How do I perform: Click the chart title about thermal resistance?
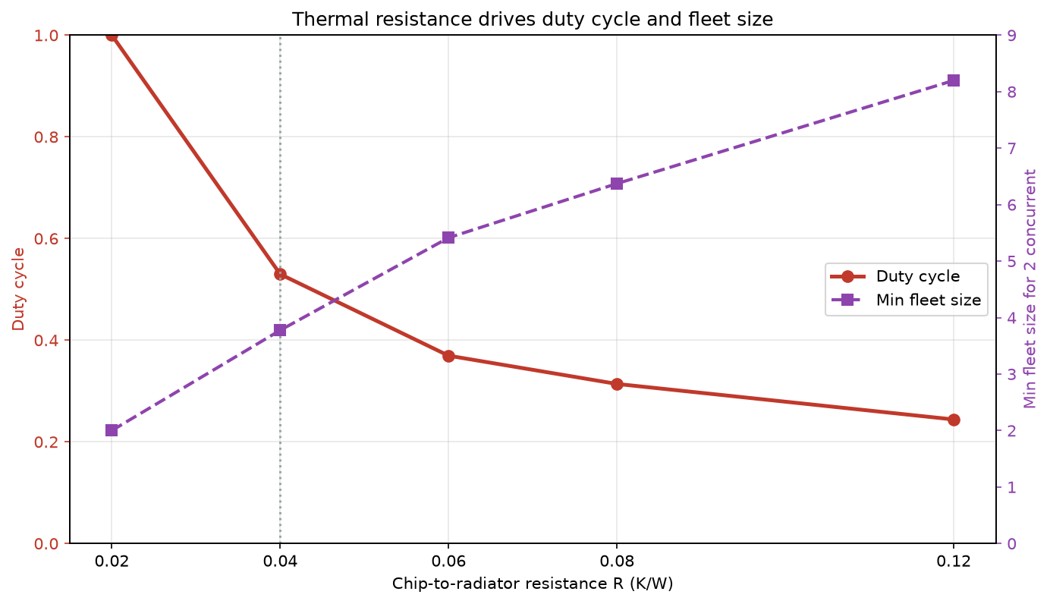click(x=533, y=20)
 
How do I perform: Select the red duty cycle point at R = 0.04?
click(x=280, y=275)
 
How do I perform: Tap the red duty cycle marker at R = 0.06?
click(x=448, y=356)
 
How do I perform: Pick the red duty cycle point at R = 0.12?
click(x=954, y=420)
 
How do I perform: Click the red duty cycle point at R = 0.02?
click(x=112, y=36)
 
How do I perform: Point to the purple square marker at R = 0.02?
click(x=112, y=430)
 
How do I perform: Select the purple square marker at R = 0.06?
click(x=448, y=238)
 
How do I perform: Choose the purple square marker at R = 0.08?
click(x=617, y=184)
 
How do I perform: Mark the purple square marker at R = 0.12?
click(x=954, y=80)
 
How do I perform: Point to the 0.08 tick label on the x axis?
click(x=617, y=562)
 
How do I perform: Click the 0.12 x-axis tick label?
click(x=954, y=562)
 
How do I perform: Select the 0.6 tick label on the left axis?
click(x=46, y=239)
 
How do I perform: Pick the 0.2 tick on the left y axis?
click(x=46, y=442)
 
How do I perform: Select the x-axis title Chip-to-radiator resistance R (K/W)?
click(x=533, y=584)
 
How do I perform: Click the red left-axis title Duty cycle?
click(x=18, y=289)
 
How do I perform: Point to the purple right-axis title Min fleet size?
click(x=1030, y=289)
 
